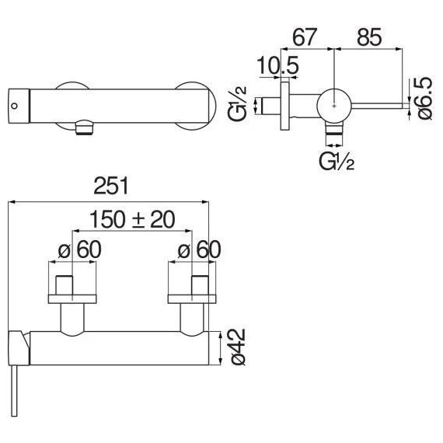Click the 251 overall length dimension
110,186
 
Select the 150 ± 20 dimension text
132,219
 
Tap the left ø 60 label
80,249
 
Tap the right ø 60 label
199,249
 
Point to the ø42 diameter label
238,347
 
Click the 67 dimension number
305,37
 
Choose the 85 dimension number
369,37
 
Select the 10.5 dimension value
277,65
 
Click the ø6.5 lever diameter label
424,99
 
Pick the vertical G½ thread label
237,104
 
